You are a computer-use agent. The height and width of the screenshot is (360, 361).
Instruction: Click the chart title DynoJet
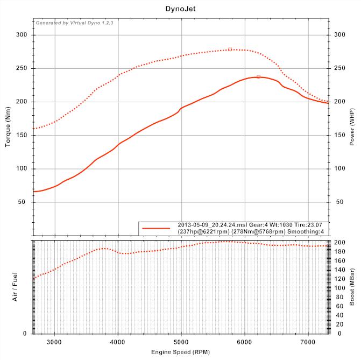pyautogui.click(x=180, y=9)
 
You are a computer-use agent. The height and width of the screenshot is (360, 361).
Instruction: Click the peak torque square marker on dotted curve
pyautogui.click(x=230, y=49)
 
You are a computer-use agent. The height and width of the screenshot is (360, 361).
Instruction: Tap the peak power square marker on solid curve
pyautogui.click(x=258, y=76)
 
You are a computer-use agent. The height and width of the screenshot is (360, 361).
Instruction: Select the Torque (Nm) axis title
pyautogui.click(x=9, y=127)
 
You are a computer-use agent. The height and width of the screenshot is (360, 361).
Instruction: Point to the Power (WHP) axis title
pyautogui.click(x=352, y=127)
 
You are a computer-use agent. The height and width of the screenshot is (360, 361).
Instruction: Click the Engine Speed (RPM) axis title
pyautogui.click(x=180, y=351)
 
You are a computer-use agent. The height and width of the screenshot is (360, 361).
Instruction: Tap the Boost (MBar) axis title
pyautogui.click(x=352, y=287)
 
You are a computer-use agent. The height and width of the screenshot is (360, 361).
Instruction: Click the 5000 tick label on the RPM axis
pyautogui.click(x=181, y=341)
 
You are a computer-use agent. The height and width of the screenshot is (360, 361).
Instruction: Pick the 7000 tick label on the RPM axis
pyautogui.click(x=308, y=341)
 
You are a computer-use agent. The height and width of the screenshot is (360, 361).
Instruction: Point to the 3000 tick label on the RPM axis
pyautogui.click(x=54, y=341)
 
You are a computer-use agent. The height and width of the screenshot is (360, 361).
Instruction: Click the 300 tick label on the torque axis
pyautogui.click(x=23, y=35)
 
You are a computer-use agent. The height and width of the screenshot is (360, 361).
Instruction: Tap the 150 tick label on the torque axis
pyautogui.click(x=23, y=135)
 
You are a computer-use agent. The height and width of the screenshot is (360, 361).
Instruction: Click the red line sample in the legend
pyautogui.click(x=156, y=228)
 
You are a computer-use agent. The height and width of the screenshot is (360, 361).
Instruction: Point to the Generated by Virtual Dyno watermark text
pyautogui.click(x=74, y=23)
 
